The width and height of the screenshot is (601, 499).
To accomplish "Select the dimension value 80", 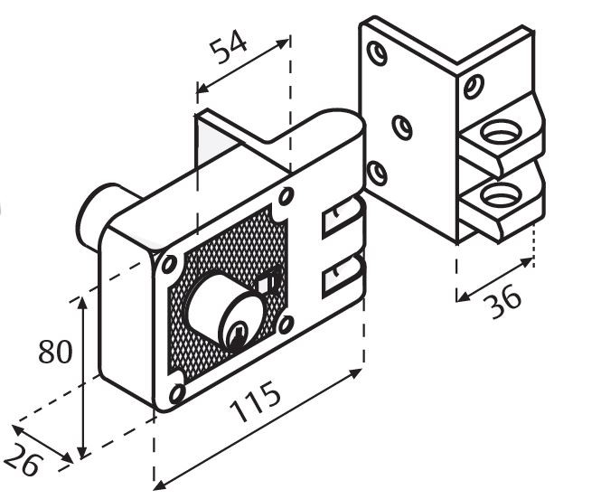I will [x=54, y=352].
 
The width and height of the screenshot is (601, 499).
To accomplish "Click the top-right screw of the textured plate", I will [x=286, y=196].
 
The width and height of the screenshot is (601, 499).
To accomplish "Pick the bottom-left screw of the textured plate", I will [x=176, y=391].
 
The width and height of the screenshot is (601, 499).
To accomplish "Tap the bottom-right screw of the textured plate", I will [x=286, y=323].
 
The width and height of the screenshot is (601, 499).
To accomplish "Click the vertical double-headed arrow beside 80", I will [x=83, y=375].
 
